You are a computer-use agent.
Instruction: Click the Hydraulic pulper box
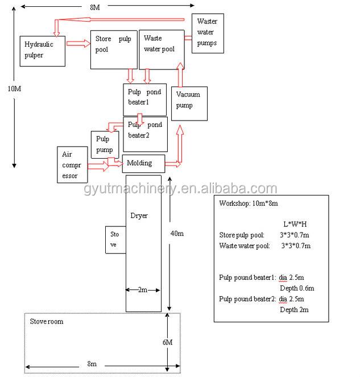point(42,51)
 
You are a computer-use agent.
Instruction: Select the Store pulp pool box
point(114,50)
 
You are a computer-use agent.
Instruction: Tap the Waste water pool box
point(162,49)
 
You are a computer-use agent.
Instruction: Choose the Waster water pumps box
point(208,33)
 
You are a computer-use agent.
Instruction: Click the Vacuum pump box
point(189,103)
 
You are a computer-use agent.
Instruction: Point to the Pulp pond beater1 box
point(145,100)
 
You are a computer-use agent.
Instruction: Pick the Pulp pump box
point(105,144)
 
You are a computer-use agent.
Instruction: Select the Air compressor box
point(72,165)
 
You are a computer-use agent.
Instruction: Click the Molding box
point(143,164)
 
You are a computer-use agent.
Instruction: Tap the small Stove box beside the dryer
point(115,240)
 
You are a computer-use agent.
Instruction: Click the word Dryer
point(139,216)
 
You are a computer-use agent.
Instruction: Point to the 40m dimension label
point(177,233)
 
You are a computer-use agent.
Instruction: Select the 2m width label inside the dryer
point(143,290)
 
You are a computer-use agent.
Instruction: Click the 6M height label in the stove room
point(168,342)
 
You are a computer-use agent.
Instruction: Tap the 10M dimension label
point(14,89)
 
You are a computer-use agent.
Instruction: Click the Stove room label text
point(47,321)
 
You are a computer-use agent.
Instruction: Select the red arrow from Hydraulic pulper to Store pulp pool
point(78,44)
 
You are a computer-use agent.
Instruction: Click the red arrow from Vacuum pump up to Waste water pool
point(180,75)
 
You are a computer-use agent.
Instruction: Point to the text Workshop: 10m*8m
point(249,204)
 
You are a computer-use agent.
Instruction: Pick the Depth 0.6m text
point(297,288)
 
